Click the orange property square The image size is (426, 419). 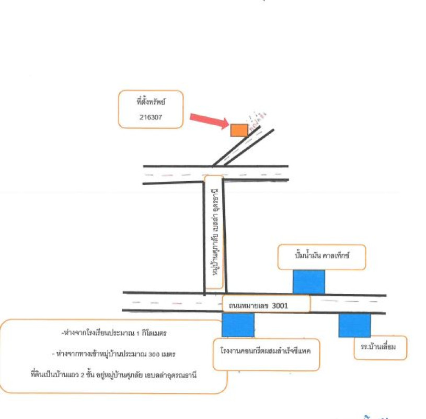239,130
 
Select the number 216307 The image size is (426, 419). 151,118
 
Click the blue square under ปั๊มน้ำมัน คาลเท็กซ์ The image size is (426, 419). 308,282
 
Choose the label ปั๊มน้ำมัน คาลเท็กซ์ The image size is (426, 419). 321,257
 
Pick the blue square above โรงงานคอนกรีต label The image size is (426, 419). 238,325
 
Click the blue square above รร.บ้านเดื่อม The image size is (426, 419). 354,325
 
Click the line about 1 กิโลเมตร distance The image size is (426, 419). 114,333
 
